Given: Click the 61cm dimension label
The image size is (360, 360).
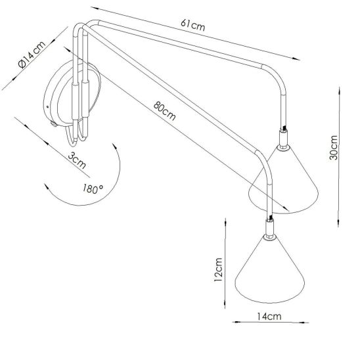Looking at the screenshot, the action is [192, 25].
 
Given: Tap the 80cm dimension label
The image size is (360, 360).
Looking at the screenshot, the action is [165, 111].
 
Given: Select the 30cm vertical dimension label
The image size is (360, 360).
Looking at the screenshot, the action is [333, 147].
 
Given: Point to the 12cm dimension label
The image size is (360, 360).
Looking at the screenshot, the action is [218, 269].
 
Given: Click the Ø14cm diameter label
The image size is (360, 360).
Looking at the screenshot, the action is [32, 55].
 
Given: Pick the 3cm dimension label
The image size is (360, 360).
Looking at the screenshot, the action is [77, 160].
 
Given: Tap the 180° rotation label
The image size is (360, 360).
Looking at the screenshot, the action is [93, 189].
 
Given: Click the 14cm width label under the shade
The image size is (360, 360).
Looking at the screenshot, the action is [269, 317].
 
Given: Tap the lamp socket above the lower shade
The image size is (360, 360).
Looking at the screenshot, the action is [269, 229].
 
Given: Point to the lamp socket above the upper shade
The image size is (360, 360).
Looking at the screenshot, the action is [283, 139].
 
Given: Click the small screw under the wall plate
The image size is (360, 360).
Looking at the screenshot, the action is [54, 124].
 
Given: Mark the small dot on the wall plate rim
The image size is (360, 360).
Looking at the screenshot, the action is [47, 107].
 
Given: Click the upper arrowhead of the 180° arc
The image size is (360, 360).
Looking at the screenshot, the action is [115, 146].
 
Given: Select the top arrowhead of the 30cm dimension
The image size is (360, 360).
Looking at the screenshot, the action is [340, 90].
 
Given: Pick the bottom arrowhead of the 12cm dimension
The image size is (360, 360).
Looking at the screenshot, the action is [225, 305].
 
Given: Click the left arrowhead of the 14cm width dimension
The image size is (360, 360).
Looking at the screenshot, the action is [236, 322].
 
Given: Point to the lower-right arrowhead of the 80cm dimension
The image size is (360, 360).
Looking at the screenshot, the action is [286, 209].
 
